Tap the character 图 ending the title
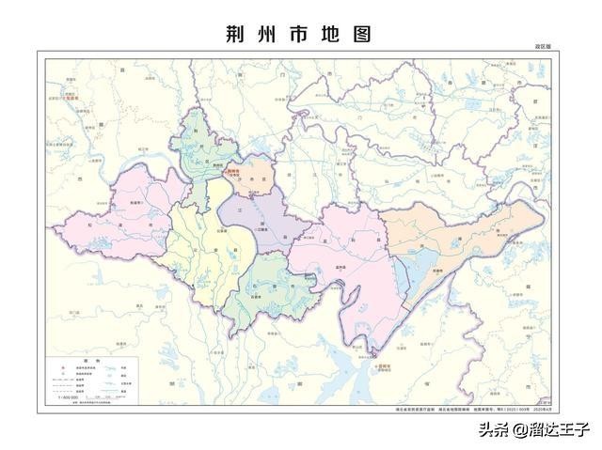361,34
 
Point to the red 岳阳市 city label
379,357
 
